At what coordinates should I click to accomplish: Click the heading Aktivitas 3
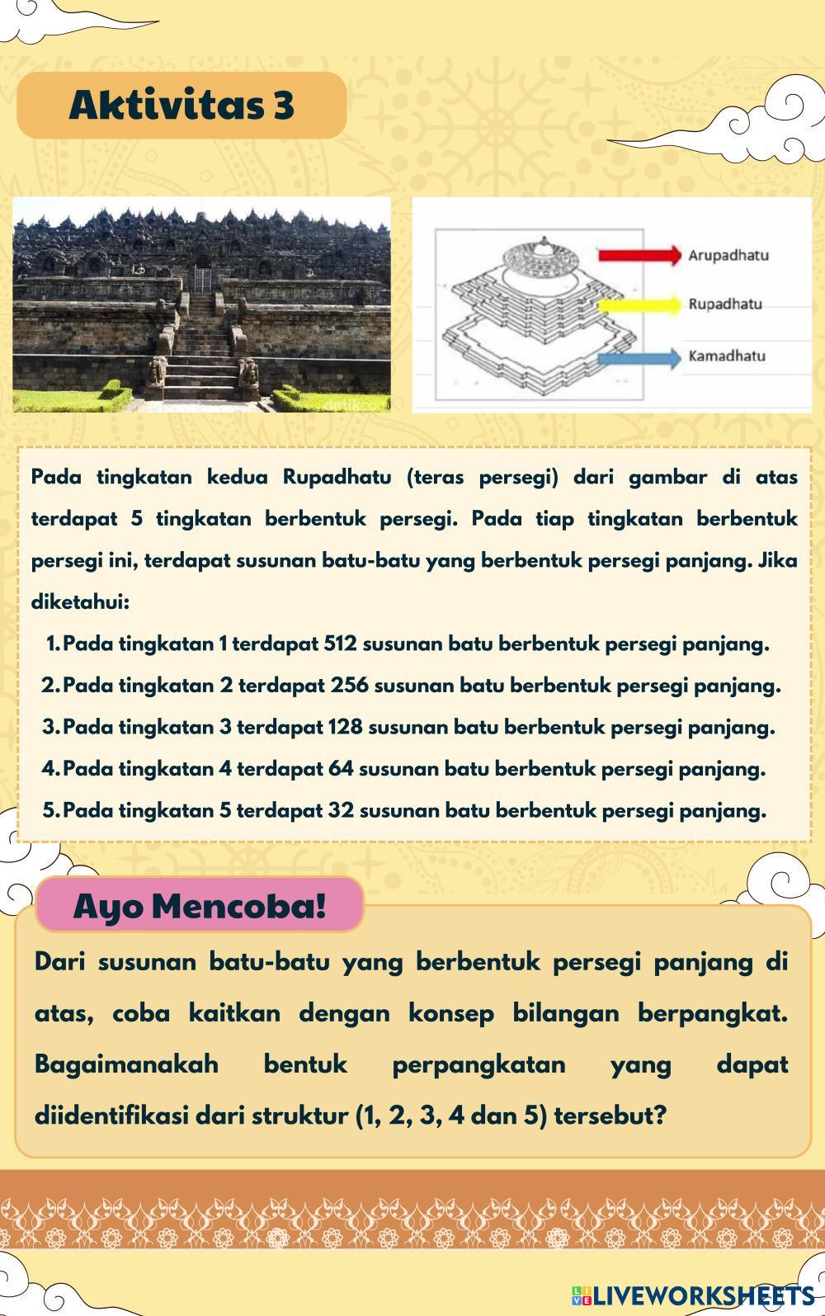coord(181,105)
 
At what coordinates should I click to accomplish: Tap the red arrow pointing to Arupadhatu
coord(639,254)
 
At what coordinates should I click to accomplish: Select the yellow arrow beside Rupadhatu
coord(639,304)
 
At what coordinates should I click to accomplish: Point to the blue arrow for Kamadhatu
coord(639,357)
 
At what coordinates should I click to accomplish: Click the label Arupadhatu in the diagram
coord(728,255)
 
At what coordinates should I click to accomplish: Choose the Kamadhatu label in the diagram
coord(727,356)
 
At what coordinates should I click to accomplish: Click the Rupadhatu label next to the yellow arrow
coord(725,304)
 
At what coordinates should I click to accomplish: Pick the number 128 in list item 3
coord(345,728)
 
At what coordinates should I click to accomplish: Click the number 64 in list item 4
coord(340,769)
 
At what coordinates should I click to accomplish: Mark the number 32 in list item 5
coord(341,810)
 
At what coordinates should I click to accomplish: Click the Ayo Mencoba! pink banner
coord(199,905)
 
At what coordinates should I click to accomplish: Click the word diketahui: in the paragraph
coord(80,602)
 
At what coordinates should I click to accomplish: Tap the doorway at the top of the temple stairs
coord(203,274)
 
